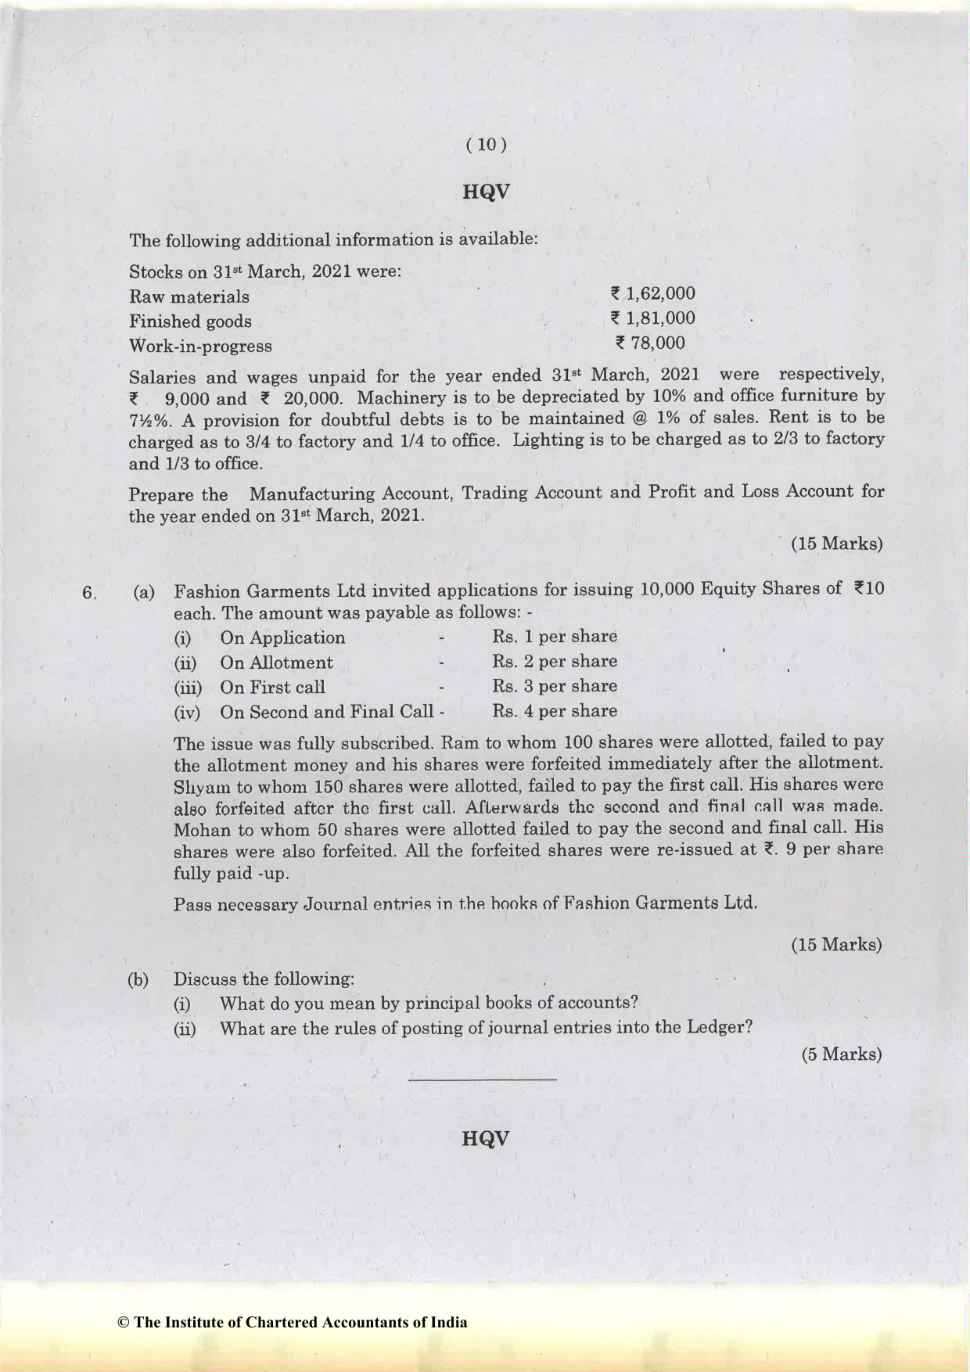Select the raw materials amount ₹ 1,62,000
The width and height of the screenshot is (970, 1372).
pyautogui.click(x=652, y=294)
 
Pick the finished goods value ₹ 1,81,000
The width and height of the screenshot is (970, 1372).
pyautogui.click(x=652, y=318)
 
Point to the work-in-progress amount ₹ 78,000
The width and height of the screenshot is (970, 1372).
pyautogui.click(x=650, y=343)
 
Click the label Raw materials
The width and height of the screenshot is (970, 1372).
pyautogui.click(x=189, y=297)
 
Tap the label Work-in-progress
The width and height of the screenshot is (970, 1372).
pyautogui.click(x=200, y=347)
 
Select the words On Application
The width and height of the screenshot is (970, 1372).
pyautogui.click(x=282, y=638)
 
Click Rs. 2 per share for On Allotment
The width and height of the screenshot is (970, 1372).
pyautogui.click(x=555, y=662)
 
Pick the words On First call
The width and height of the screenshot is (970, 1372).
pyautogui.click(x=272, y=688)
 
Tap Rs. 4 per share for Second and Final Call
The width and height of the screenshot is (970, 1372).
pyautogui.click(x=555, y=712)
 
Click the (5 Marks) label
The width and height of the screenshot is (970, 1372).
pyautogui.click(x=841, y=1054)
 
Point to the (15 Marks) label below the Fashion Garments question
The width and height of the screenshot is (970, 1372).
pyautogui.click(x=836, y=945)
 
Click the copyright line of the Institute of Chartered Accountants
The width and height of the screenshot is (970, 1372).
pyautogui.click(x=292, y=1323)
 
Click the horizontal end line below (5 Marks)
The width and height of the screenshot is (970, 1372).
pyautogui.click(x=482, y=1080)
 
